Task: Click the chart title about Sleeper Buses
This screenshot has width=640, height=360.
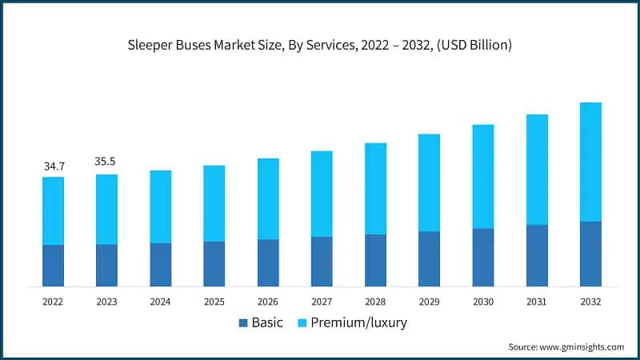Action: coord(320,46)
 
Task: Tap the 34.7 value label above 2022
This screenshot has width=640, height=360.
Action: coord(54,166)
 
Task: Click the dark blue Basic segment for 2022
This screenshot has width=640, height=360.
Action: coord(54,266)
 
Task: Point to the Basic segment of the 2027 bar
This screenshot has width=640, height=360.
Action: coord(322,262)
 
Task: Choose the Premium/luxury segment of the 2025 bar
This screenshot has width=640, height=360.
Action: coord(214,203)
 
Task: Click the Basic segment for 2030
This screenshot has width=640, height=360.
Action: coord(483,258)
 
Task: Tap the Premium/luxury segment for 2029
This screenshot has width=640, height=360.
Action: coord(430,182)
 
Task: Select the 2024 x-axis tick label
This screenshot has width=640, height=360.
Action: coord(161,302)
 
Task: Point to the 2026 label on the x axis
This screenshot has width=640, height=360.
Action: coord(268,302)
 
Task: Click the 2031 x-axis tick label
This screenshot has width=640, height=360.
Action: coord(537,302)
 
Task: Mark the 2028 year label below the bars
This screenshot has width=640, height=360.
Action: coord(375,302)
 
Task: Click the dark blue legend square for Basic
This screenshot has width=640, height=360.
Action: coord(243,323)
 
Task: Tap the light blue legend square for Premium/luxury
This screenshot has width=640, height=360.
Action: coord(302,323)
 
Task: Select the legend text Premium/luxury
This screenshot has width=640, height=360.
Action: coord(359,323)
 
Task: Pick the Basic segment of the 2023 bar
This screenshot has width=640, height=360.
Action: coord(107,266)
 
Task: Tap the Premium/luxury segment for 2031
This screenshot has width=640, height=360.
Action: coord(537,170)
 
